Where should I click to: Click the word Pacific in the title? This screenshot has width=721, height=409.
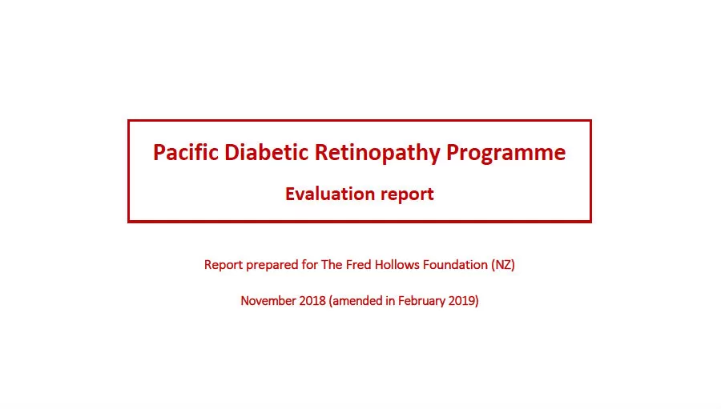(185, 152)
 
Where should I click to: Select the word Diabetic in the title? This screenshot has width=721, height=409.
(266, 152)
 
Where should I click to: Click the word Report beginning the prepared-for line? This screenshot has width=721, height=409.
(223, 265)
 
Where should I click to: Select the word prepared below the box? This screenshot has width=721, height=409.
(272, 266)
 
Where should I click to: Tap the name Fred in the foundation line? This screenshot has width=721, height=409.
(359, 265)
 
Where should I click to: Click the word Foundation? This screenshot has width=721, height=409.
(455, 265)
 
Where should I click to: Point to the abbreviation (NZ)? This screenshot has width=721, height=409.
(503, 265)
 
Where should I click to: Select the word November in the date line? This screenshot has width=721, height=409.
(268, 300)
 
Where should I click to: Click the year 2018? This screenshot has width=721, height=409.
(312, 300)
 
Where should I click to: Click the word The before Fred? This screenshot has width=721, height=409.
(332, 265)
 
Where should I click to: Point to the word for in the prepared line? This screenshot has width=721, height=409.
(309, 265)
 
